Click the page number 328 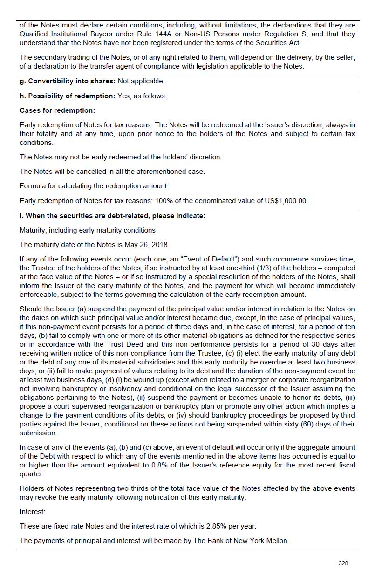[343, 563]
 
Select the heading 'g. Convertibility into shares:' [68, 81]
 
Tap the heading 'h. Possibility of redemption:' [67, 96]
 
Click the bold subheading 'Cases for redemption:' [57, 110]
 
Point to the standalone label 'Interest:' [33, 512]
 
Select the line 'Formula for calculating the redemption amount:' [94, 186]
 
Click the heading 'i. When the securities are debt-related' [112, 216]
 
